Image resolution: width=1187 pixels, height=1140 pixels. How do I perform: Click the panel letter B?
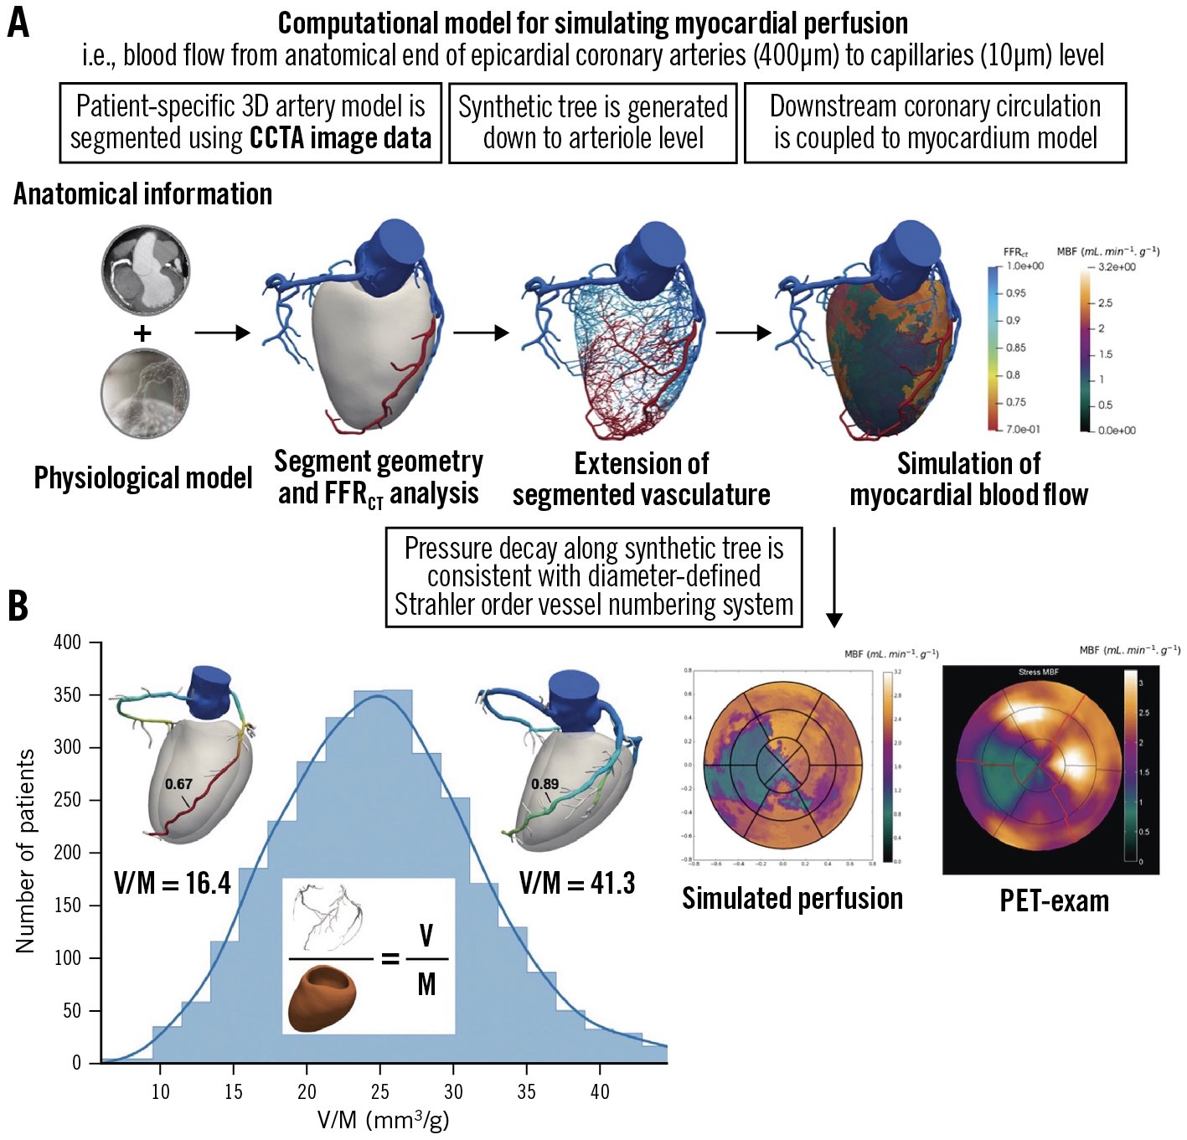tap(18, 605)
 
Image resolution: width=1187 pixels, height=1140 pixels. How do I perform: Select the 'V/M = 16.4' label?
tap(173, 883)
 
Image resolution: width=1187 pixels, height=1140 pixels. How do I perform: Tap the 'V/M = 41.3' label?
tap(577, 883)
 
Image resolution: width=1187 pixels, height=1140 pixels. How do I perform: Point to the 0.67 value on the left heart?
tap(178, 784)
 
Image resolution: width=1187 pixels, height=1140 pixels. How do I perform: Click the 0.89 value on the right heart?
tap(544, 784)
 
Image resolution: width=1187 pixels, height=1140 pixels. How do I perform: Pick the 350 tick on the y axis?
tap(68, 695)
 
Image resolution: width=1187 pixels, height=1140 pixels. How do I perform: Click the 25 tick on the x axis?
tap(379, 1091)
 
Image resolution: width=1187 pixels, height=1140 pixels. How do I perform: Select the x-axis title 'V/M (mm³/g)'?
tap(383, 1120)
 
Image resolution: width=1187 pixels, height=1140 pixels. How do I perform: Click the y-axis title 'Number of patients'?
tap(25, 851)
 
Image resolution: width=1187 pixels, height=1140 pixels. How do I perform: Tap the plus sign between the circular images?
tap(143, 333)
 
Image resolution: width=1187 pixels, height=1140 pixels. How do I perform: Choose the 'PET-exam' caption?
tap(1054, 900)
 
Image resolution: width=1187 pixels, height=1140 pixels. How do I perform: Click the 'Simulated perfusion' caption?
tap(792, 898)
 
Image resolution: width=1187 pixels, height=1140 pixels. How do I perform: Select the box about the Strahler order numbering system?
tap(593, 576)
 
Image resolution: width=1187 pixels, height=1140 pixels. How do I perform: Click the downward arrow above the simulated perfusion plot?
tap(833, 578)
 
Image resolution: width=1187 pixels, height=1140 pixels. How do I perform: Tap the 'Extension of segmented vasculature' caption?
tap(641, 479)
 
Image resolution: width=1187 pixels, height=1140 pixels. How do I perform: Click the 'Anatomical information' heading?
tap(143, 194)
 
